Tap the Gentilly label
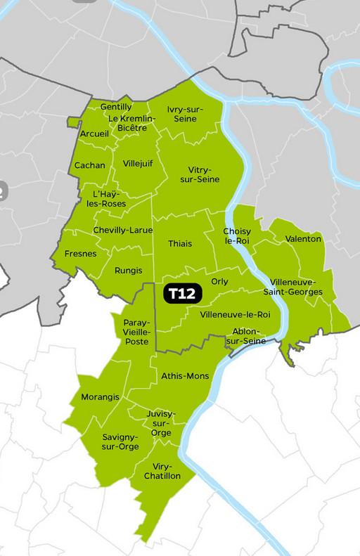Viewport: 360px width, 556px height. [x=117, y=107]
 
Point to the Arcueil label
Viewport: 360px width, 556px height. [x=94, y=134]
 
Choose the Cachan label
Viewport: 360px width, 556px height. [x=90, y=165]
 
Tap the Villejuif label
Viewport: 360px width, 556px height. [x=138, y=163]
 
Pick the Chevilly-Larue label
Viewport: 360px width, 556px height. [x=123, y=230]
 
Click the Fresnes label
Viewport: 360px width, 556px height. [x=80, y=254]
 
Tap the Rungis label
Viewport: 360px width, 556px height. [x=128, y=270]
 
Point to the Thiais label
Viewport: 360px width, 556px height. [x=180, y=243]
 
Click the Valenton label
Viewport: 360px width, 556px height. [x=303, y=239]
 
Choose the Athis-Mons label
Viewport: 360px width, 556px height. [x=185, y=376]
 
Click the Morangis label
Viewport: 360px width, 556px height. [x=100, y=397]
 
